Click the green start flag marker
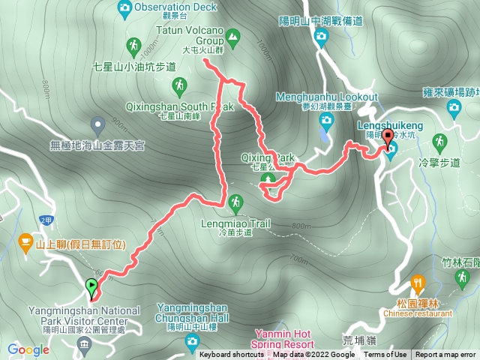[x=91, y=286]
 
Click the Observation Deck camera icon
[x=124, y=7]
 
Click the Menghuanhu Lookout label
[x=327, y=97]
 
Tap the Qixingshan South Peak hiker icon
[x=179, y=88]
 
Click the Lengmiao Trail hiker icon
[x=236, y=202]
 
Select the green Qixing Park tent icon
[x=271, y=181]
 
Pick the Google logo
[x=28, y=349]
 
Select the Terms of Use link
[x=385, y=355]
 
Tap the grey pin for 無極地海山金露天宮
[x=97, y=124]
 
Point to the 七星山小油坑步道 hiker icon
[x=132, y=49]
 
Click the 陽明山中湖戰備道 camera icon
[x=322, y=35]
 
